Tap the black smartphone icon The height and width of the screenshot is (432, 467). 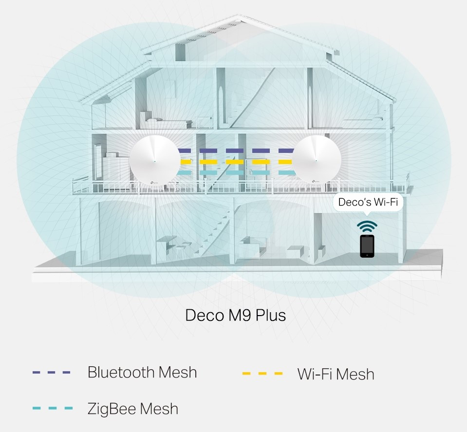coord(367,246)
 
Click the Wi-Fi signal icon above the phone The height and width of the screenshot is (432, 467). coord(367,226)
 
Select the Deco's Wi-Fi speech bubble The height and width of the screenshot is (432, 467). coord(368,202)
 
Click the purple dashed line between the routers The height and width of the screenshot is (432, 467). coord(236,151)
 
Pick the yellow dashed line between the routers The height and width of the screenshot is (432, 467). coord(236,162)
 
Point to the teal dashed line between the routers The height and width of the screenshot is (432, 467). coord(236,172)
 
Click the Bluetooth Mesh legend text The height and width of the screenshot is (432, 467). coord(142,373)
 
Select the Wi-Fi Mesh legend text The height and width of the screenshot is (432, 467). coord(336,375)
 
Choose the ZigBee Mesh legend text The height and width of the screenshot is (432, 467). coord(132,409)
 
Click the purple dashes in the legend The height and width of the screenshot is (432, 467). coord(52,373)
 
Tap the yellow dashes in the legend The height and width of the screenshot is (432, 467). coord(262,374)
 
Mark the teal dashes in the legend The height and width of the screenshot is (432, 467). coord(52,408)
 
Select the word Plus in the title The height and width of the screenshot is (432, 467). coord(271,315)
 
